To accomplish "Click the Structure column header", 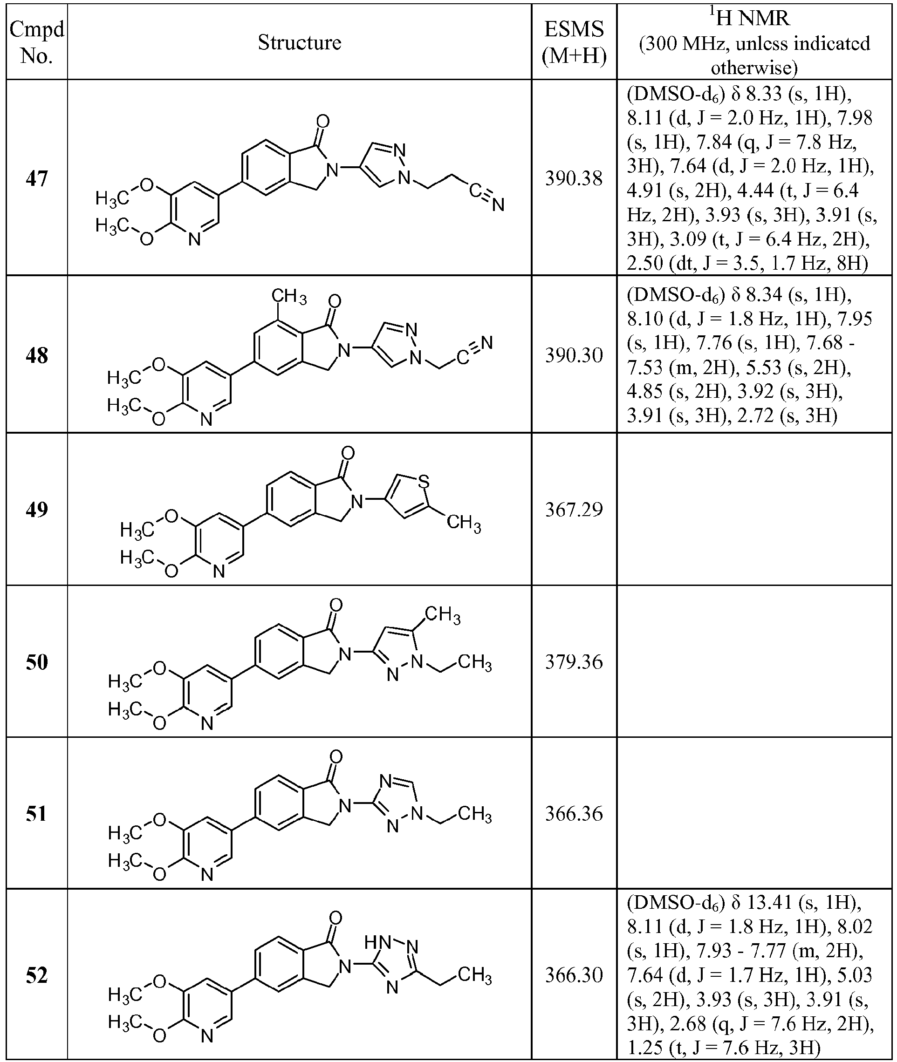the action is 299,42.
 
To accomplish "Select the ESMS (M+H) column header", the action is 574,43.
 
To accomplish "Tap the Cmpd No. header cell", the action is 37,43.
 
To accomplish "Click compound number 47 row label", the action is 37,178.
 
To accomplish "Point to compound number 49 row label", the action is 37,509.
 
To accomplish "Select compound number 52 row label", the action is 37,975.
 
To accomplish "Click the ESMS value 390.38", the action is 574,178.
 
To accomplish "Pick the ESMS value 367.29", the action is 574,509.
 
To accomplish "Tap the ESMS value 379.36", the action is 574,661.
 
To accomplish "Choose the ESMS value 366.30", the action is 574,975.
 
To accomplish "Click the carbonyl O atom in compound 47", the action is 323,122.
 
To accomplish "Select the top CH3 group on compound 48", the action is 289,295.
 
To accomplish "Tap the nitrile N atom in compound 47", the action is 498,204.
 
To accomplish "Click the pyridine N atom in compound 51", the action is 206,875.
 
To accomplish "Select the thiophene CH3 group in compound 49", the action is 464,523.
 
